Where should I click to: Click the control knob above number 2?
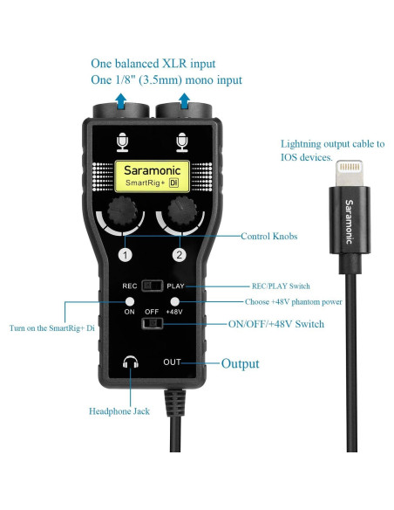coord(180,210)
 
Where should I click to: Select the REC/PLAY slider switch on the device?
coord(154,285)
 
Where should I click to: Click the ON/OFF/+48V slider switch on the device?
coord(154,324)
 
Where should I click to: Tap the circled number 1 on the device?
coord(126,256)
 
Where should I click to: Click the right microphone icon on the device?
coord(181,141)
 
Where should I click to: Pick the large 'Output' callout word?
coord(241,363)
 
